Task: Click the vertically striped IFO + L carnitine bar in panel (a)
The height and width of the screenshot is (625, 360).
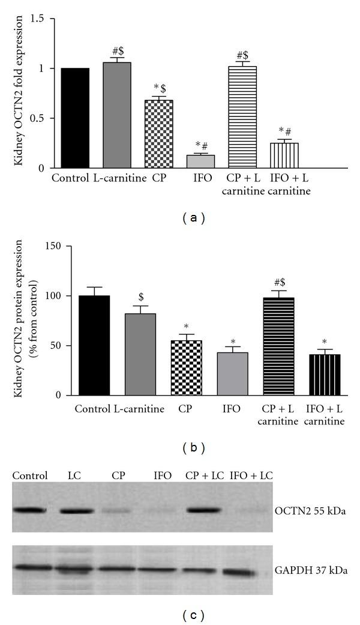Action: pyautogui.click(x=284, y=155)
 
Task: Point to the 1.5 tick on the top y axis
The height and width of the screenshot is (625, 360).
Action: pyautogui.click(x=46, y=19)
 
